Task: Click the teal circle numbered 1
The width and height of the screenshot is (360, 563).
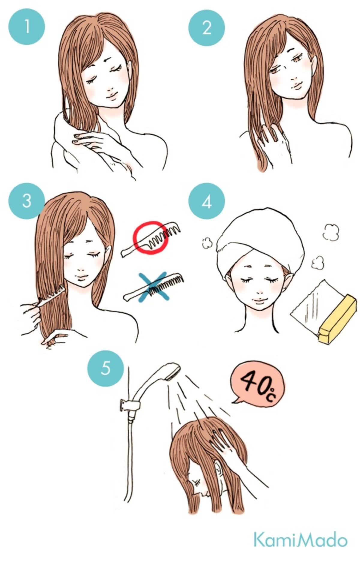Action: pos(27,27)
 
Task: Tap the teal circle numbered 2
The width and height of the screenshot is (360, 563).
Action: pos(206,27)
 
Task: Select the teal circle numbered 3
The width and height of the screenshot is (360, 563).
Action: pos(27,201)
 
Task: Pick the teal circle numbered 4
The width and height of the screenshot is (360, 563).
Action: pos(206,201)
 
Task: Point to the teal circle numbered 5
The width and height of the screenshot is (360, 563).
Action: pos(105,368)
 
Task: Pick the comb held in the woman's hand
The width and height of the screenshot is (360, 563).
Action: pos(51,298)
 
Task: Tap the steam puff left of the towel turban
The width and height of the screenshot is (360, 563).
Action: pos(206,243)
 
